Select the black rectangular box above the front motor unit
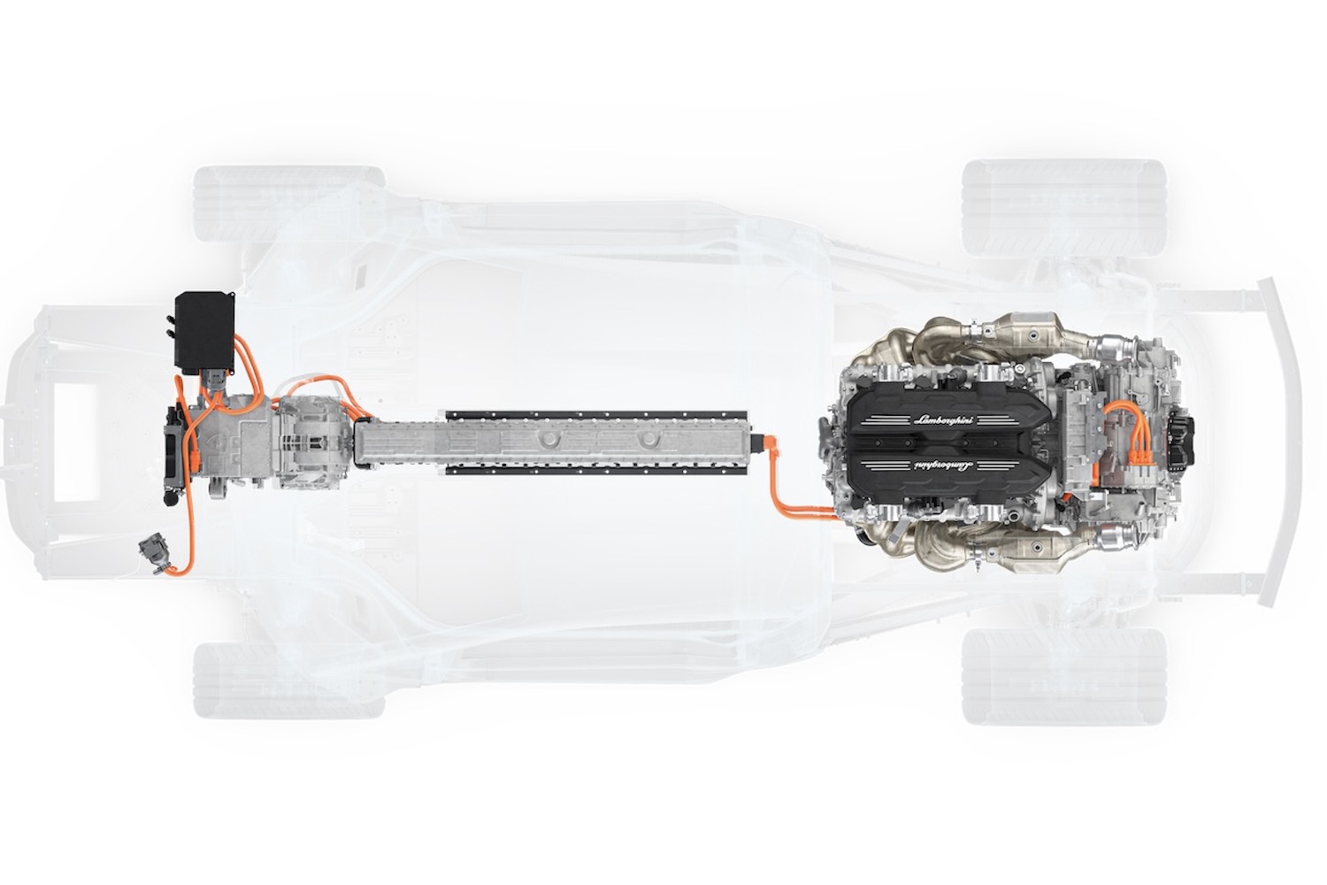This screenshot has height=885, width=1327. (205, 333)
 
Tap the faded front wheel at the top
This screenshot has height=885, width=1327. (289, 204)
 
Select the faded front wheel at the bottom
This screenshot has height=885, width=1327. (289, 681)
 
